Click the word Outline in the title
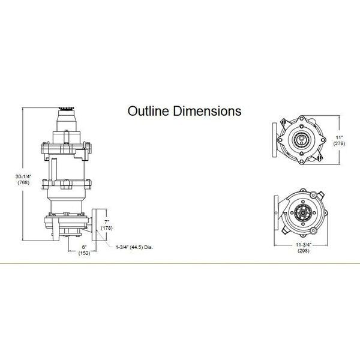point(149,111)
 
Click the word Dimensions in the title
point(207,111)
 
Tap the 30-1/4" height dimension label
point(23,176)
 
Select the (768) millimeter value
point(23,182)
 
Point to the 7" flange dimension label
point(107,222)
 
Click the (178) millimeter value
point(107,228)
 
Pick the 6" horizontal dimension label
point(84,247)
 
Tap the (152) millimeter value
point(84,253)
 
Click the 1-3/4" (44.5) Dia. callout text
point(134,247)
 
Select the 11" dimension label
point(339,137)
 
